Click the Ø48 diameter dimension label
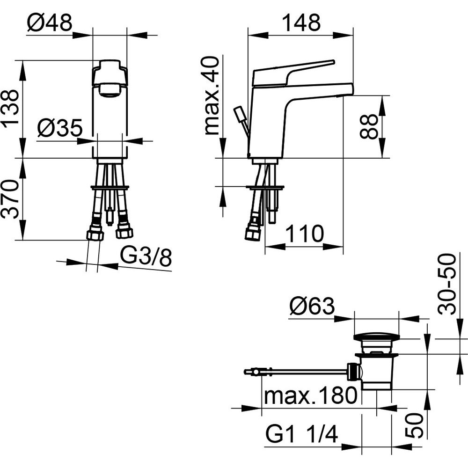[x=50, y=22]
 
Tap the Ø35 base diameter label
[x=60, y=128]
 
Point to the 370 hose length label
[x=11, y=199]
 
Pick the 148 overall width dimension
[x=301, y=22]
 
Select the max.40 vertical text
[x=212, y=95]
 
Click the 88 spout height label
[x=369, y=126]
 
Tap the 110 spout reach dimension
[x=305, y=234]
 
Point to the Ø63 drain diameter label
[x=312, y=306]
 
